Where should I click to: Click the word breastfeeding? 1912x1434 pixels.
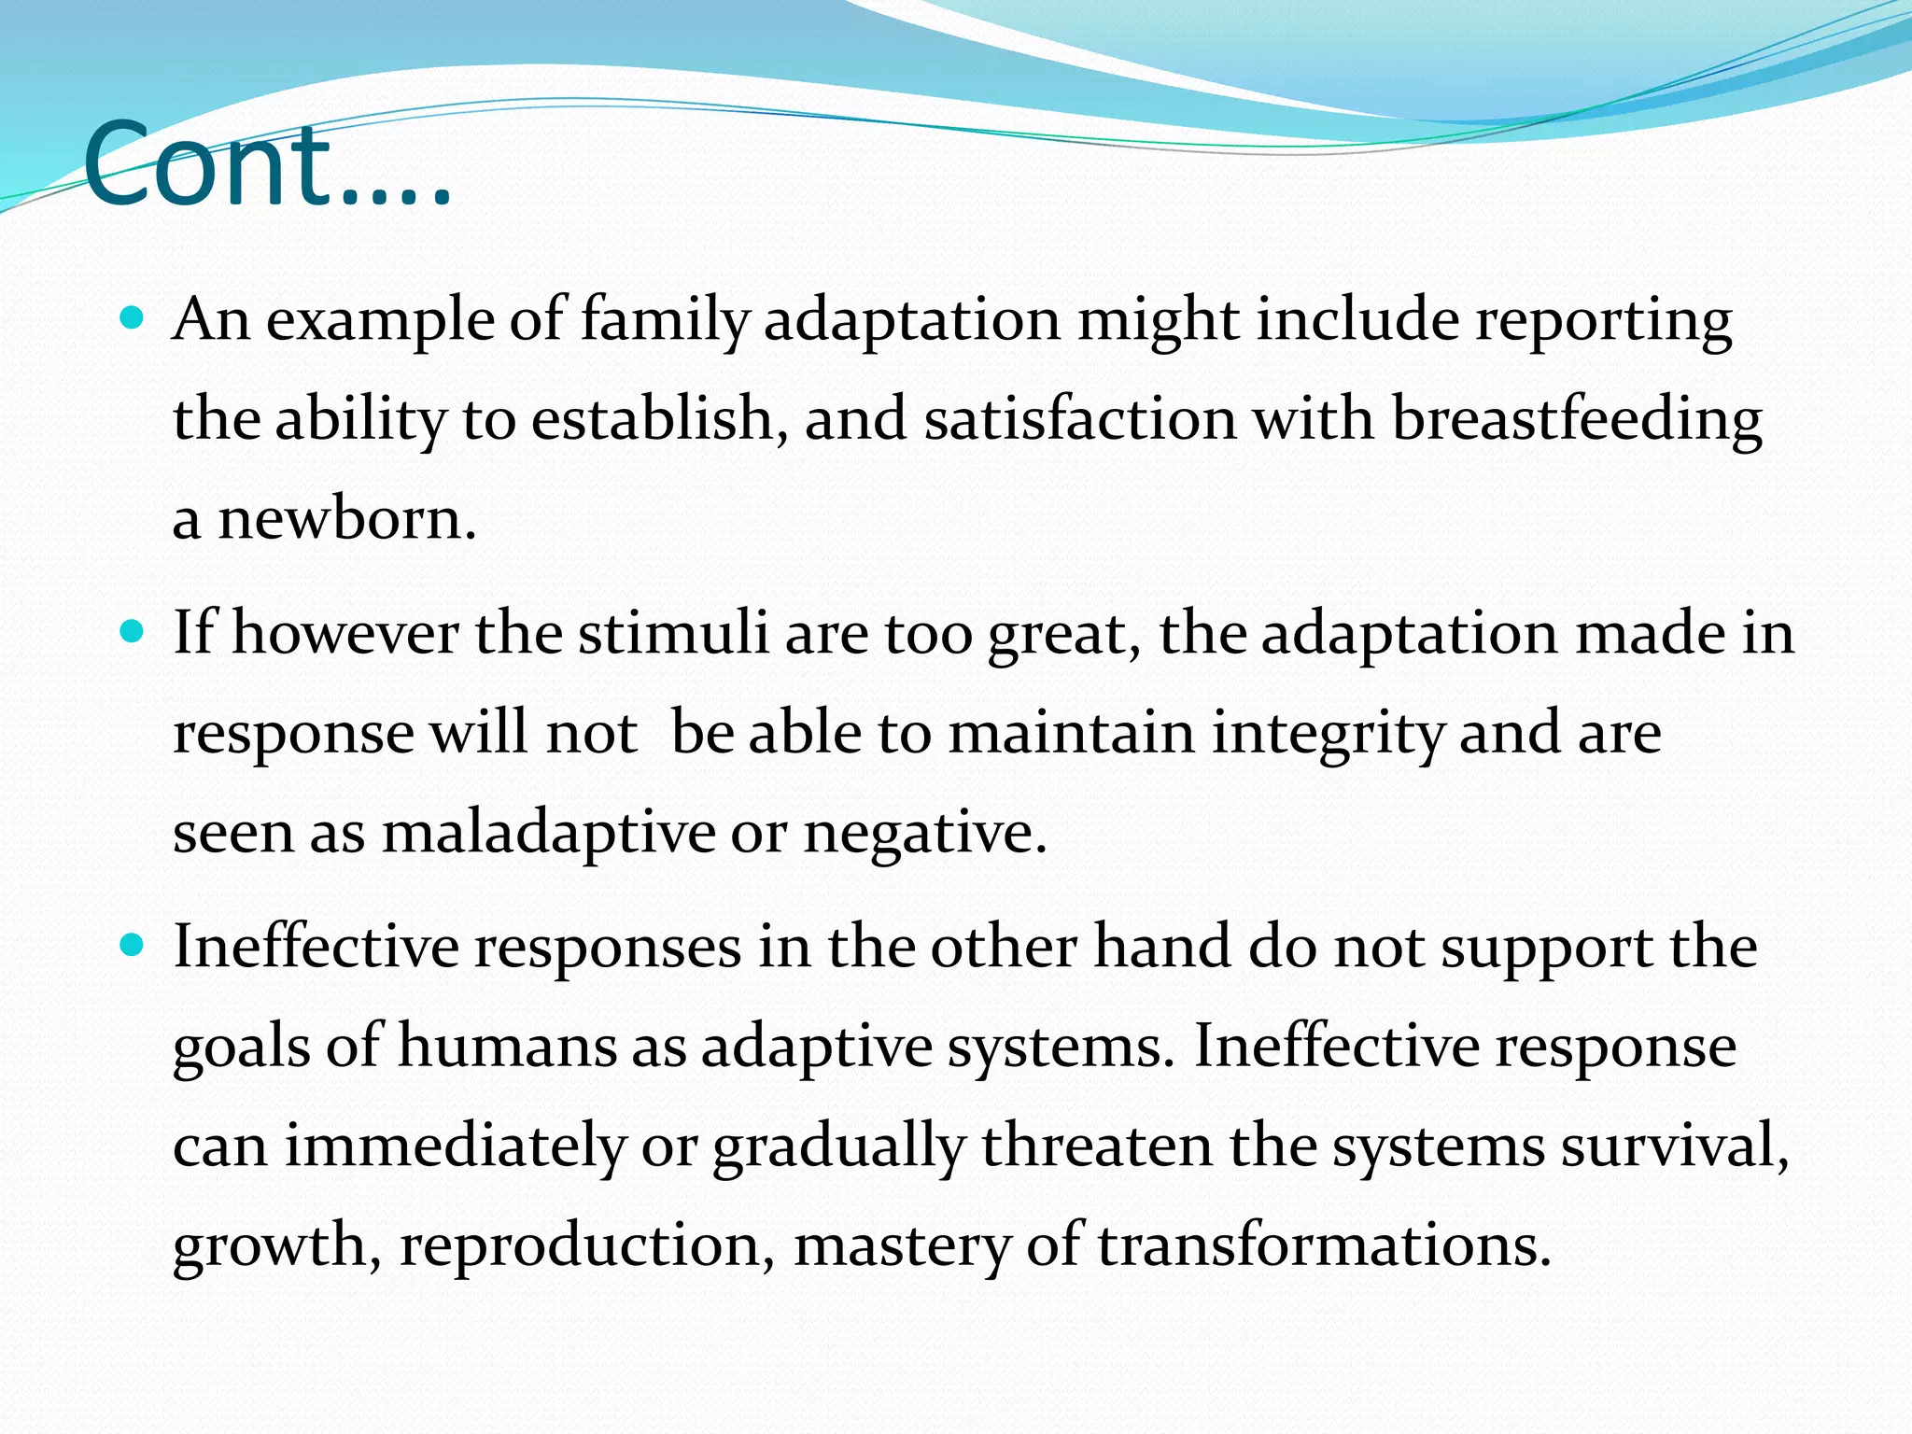1576,419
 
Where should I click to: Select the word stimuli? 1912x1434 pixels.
672,634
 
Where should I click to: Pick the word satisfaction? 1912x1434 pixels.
1080,419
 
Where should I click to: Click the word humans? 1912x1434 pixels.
507,1047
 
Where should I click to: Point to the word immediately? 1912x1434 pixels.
455,1146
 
